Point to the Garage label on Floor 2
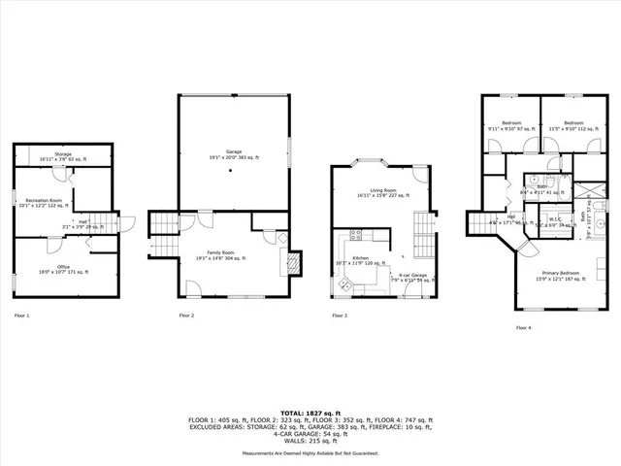pos(233,154)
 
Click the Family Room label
pos(221,255)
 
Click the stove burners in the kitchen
pos(355,235)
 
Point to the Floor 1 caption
pos(22,316)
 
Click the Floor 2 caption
pos(186,316)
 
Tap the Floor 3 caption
pos(340,316)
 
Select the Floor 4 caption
pos(524,328)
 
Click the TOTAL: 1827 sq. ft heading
pos(310,414)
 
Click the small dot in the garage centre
pos(232,171)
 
